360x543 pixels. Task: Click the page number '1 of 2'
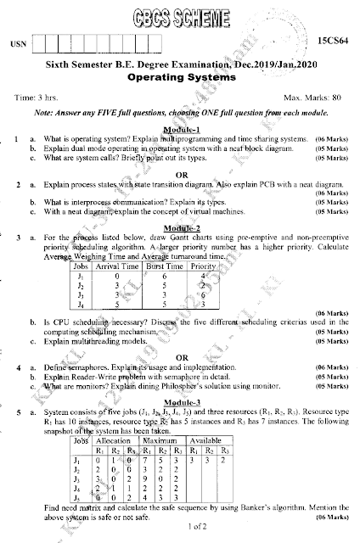181,528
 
